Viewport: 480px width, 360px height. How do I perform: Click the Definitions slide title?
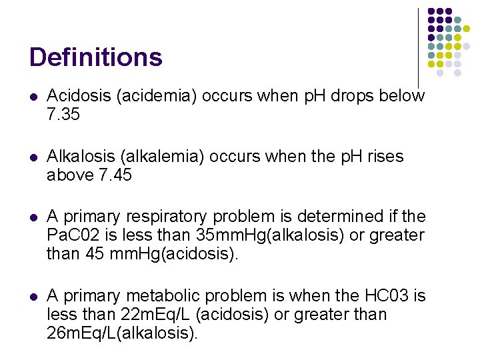tap(96, 57)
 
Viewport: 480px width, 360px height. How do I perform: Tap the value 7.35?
tap(63, 115)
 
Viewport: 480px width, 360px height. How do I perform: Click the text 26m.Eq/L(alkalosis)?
tap(123, 333)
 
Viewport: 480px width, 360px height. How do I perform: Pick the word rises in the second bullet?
tap(380, 157)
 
